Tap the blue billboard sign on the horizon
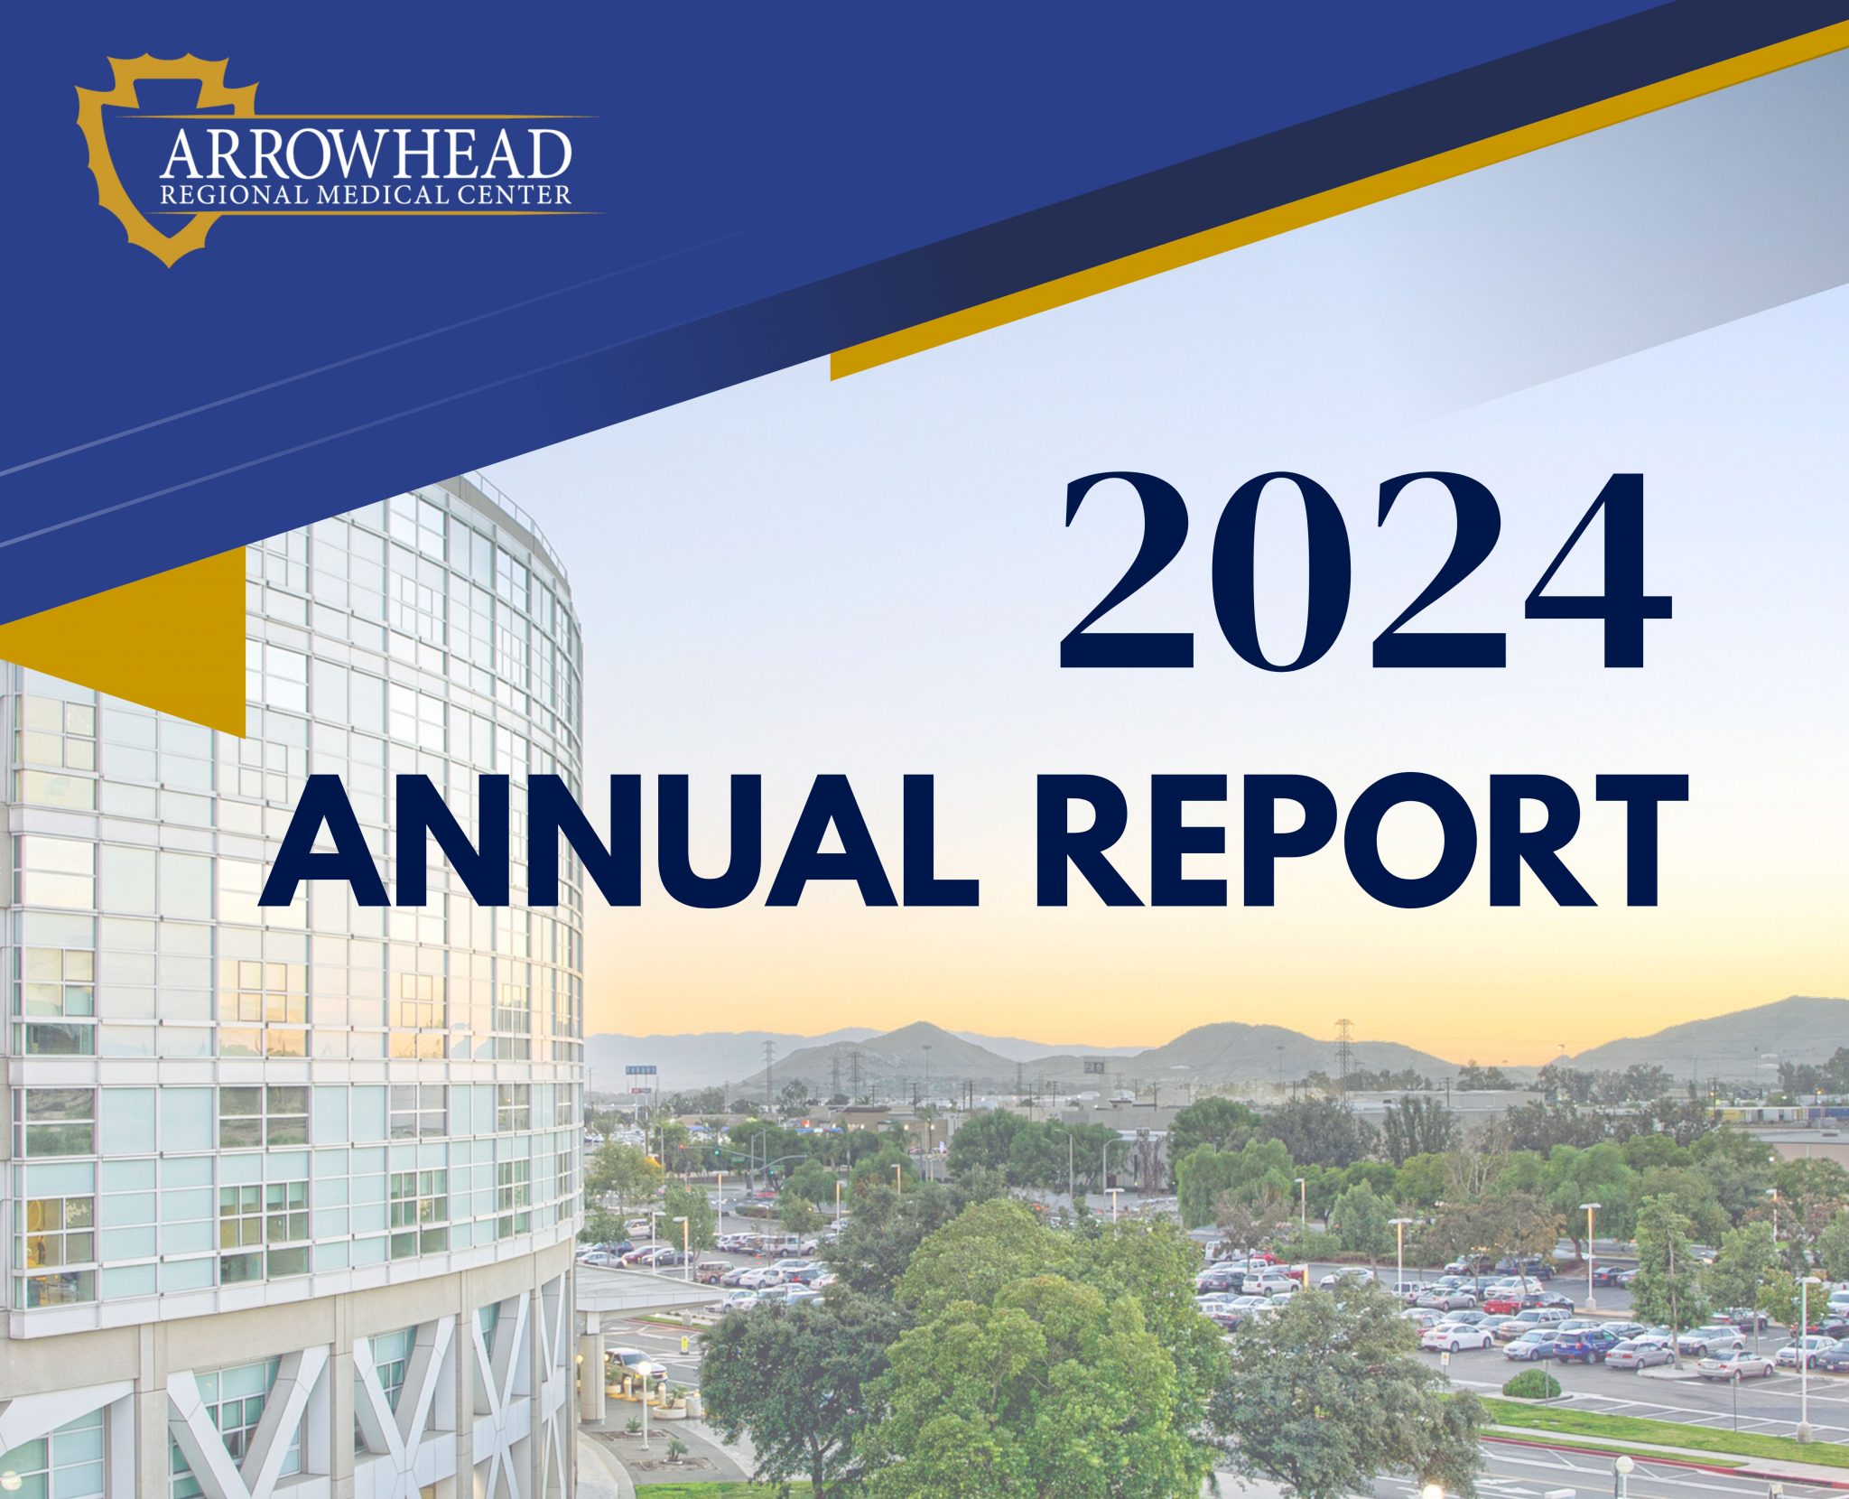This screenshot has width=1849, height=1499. pyautogui.click(x=640, y=1069)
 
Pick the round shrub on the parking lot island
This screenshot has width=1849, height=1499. pyautogui.click(x=1531, y=1384)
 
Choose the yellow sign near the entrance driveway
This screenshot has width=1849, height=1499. pyautogui.click(x=687, y=1344)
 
